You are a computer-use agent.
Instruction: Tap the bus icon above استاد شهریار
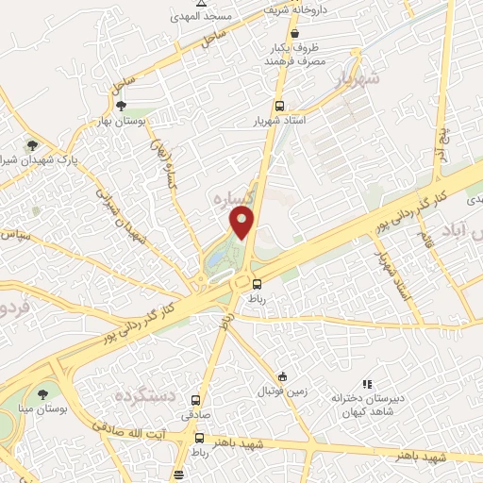pos(279,107)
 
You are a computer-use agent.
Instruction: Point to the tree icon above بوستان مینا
pos(42,393)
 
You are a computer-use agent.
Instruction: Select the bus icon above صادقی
pos(196,400)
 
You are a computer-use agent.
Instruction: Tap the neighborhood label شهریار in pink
pos(357,79)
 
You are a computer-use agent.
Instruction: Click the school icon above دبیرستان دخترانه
pos(368,385)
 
